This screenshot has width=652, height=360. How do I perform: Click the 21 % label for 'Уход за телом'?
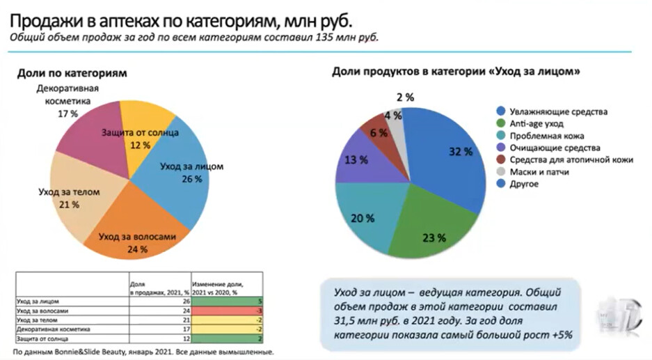click(67, 205)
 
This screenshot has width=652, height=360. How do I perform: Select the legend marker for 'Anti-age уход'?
click(500, 124)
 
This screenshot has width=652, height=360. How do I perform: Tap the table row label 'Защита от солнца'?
click(42, 338)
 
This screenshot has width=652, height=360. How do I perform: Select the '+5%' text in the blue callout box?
click(559, 335)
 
